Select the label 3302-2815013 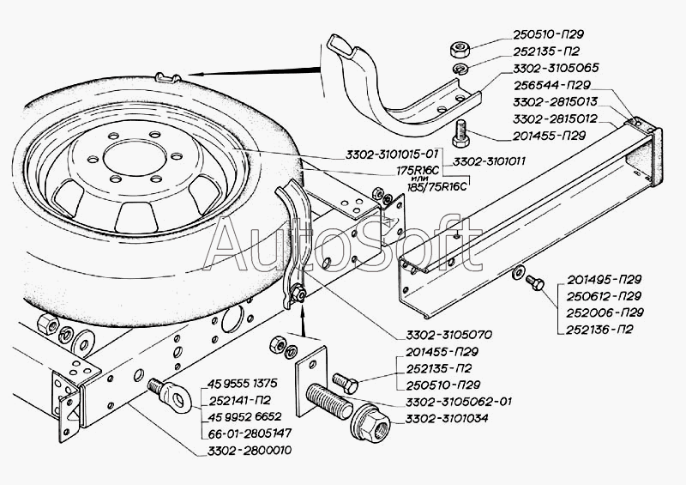click(x=557, y=100)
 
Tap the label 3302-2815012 click(x=557, y=118)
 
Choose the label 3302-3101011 click(x=489, y=161)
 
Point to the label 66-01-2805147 click(x=247, y=434)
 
